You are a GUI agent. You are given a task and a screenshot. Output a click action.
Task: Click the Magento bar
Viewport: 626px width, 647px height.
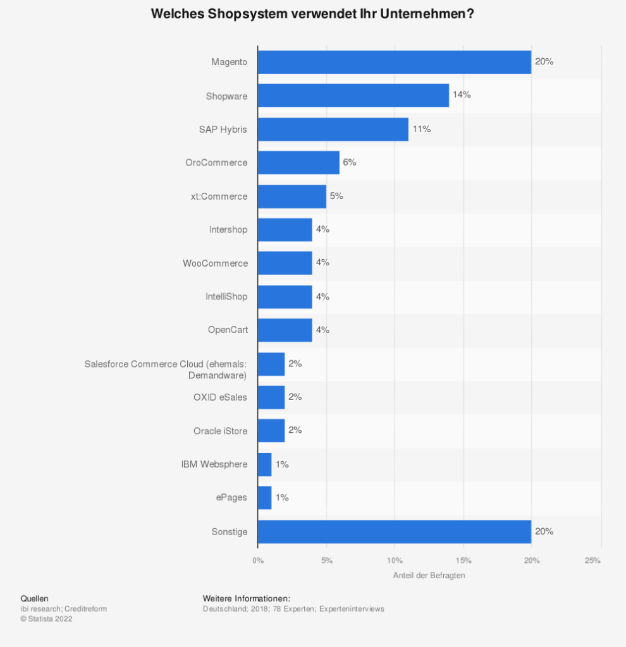[394, 62]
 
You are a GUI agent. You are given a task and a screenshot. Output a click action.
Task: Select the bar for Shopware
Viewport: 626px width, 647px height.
[353, 95]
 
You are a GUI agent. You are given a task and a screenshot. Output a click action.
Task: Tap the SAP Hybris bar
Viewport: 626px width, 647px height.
[333, 129]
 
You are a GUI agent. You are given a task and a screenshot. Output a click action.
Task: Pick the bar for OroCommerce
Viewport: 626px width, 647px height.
[298, 162]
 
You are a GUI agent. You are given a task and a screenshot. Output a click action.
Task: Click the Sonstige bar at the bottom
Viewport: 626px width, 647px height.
[394, 531]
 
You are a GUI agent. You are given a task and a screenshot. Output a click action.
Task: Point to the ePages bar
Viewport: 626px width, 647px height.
[264, 498]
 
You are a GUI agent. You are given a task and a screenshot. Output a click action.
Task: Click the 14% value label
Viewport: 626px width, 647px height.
[462, 95]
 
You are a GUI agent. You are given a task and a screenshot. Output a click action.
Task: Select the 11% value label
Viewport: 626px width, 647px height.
[421, 129]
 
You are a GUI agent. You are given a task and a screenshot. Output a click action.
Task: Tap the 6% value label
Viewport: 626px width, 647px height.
[350, 162]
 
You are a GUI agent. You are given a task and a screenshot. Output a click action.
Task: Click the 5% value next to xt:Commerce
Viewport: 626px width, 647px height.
[336, 196]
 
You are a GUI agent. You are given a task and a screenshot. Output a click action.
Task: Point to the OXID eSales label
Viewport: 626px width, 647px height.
[220, 397]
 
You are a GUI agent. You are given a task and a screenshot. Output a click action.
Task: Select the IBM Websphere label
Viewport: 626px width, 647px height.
[214, 464]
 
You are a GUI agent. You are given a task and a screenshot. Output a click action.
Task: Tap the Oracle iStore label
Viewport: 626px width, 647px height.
[220, 431]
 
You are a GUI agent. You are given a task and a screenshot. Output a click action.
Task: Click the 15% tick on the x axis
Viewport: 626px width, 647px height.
[463, 560]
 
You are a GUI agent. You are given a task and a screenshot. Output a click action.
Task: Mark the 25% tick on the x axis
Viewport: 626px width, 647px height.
[593, 560]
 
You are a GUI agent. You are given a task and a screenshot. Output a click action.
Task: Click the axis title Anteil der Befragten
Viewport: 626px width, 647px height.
[429, 576]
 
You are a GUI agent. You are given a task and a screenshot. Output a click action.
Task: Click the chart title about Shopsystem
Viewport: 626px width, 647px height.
[312, 15]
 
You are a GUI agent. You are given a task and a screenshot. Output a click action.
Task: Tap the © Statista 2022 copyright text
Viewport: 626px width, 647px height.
[46, 619]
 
